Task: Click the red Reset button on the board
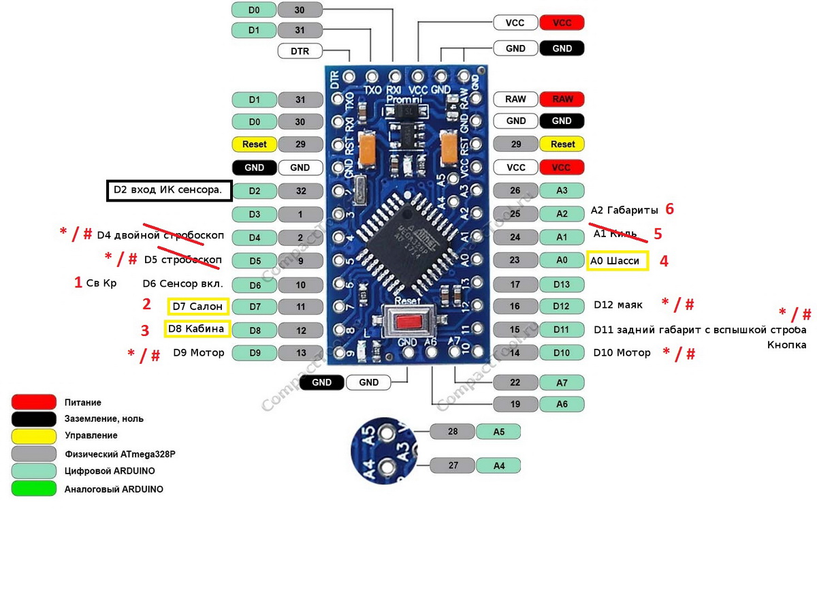coord(408,320)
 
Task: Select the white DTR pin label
coord(300,51)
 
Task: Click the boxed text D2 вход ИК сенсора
coord(168,191)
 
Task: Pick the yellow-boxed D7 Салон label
coord(197,307)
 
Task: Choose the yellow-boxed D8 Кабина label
coord(197,330)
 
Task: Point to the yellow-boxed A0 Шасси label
coord(617,261)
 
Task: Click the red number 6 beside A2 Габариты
coord(670,209)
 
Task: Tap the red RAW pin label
coord(562,99)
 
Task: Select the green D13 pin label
coord(562,284)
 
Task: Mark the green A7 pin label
coord(562,382)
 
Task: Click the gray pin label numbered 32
coord(300,191)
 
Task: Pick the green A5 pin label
coord(498,431)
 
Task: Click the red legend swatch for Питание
coord(33,402)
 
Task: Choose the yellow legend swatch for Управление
coord(33,435)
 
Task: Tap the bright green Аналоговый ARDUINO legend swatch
coord(33,489)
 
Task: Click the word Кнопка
coord(786,345)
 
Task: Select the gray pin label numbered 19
coord(515,404)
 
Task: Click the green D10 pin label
coord(562,352)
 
